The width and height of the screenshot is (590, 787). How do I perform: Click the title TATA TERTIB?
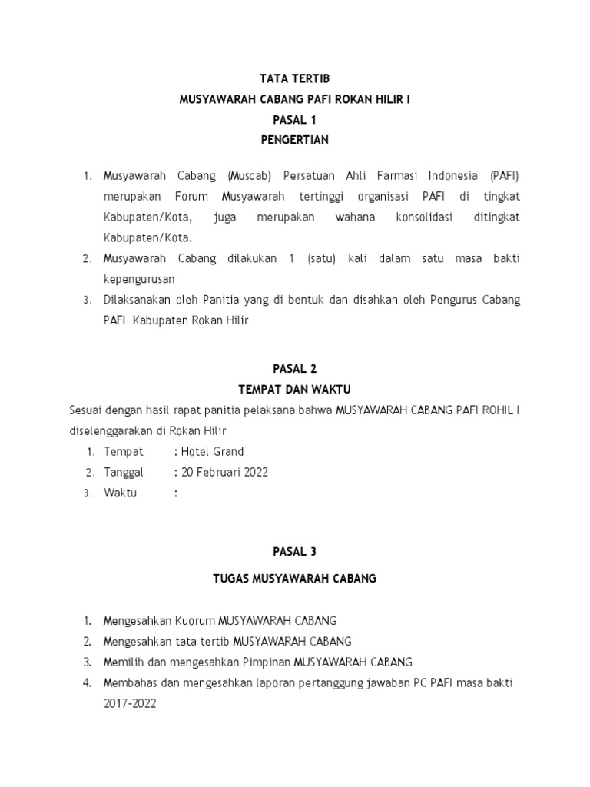point(295,78)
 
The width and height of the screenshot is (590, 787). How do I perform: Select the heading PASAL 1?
point(295,120)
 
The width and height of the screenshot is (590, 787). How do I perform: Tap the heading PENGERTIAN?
point(295,140)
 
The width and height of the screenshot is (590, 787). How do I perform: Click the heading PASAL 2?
point(295,368)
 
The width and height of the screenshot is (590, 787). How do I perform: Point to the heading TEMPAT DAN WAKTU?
point(295,389)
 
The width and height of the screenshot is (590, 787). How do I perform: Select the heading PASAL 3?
point(295,551)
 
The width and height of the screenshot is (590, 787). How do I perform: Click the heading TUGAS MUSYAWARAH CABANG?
point(295,578)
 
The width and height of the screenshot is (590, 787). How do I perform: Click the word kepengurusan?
point(139,278)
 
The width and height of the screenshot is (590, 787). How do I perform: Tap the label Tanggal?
point(124,472)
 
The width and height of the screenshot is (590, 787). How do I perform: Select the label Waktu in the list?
point(121,493)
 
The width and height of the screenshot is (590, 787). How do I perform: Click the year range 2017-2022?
point(130,702)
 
